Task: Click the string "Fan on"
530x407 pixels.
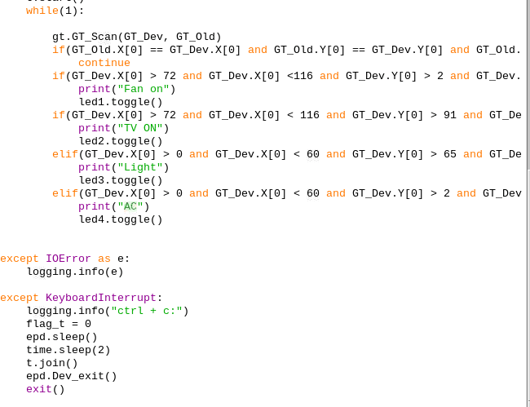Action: (143, 89)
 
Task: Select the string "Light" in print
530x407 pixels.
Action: (139, 167)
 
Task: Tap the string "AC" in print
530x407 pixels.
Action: (130, 206)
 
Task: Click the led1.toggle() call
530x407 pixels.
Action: (121, 102)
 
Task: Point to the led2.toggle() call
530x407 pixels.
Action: (121, 141)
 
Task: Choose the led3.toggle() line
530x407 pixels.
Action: (121, 180)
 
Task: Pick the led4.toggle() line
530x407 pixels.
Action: (121, 219)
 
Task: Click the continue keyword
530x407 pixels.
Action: (104, 63)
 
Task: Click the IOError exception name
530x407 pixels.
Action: (68, 259)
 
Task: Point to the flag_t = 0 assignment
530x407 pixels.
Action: (59, 324)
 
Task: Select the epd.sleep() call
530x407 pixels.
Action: (62, 337)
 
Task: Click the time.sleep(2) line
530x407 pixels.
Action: (68, 350)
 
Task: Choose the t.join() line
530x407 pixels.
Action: (52, 363)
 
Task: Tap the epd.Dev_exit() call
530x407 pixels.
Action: (72, 376)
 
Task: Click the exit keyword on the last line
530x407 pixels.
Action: (39, 389)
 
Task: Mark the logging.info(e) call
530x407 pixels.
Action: (75, 272)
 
